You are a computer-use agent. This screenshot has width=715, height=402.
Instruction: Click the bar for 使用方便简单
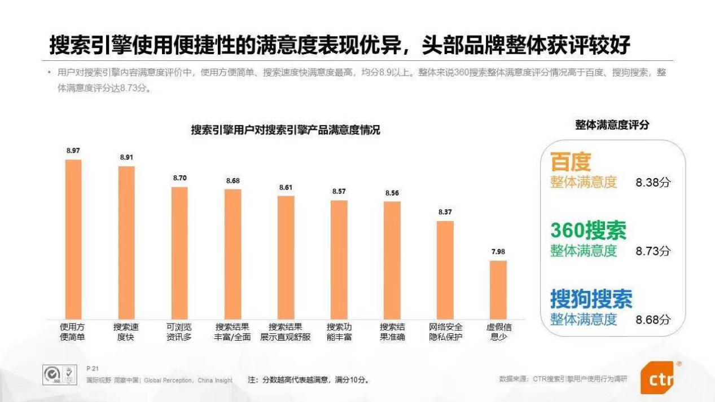tap(73, 239)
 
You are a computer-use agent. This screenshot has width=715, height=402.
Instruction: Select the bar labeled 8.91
tap(126, 242)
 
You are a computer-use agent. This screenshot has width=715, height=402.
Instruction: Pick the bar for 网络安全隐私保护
tap(445, 270)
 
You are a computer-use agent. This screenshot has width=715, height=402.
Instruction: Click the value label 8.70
tap(179, 178)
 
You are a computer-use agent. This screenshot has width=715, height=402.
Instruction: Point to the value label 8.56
tap(392, 193)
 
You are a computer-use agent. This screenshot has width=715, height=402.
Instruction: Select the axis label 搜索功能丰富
tap(339, 332)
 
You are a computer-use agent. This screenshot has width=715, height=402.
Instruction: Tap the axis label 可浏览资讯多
tap(179, 332)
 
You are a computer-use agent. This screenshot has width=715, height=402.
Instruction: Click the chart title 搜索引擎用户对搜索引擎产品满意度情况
tap(285, 130)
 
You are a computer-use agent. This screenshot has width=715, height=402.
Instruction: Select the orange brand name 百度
tap(570, 162)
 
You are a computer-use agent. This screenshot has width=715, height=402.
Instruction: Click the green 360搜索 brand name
tap(588, 230)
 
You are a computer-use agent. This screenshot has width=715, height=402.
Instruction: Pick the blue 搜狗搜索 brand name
tap(591, 299)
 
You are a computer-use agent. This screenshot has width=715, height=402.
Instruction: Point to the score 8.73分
tap(653, 251)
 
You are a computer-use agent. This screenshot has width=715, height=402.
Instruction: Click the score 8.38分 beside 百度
tap(653, 183)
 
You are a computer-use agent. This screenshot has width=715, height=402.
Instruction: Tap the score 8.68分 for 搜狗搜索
tap(653, 320)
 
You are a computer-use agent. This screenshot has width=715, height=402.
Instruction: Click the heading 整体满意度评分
tap(612, 125)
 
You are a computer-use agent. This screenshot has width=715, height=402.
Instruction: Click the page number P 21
tap(93, 368)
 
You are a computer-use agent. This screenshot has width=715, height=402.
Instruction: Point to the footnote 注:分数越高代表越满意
tap(308, 380)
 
